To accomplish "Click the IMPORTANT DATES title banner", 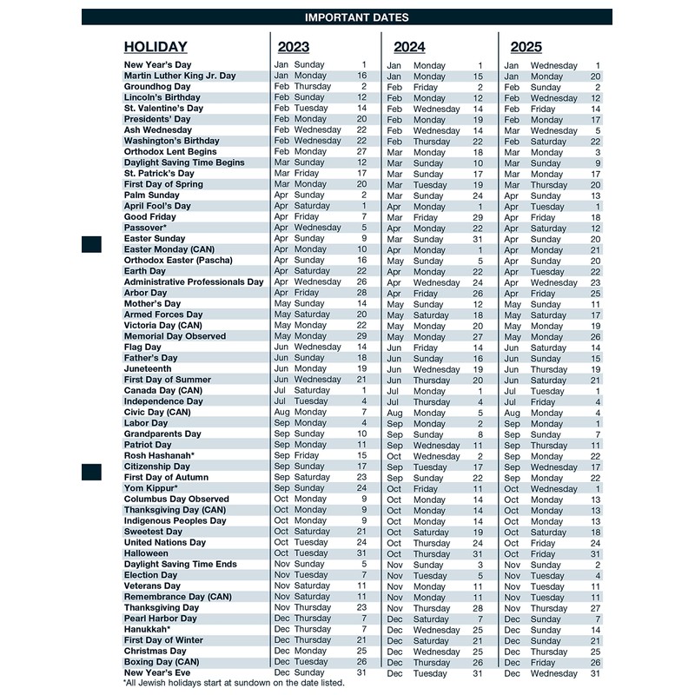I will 356,17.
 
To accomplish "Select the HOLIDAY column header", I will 156,48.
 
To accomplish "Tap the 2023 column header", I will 294,48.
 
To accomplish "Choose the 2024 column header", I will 409,48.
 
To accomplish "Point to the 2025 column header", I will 526,48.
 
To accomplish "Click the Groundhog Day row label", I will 157,87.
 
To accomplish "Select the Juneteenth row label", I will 148,369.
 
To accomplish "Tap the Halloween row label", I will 146,553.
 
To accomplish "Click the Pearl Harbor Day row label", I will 160,619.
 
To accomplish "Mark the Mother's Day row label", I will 152,304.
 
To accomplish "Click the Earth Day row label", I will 144,271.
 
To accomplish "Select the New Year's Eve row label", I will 157,672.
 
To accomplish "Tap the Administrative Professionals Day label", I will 194,282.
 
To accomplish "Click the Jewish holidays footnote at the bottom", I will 234,683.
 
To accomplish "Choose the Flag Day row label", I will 142,347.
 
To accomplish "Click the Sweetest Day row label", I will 153,532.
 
